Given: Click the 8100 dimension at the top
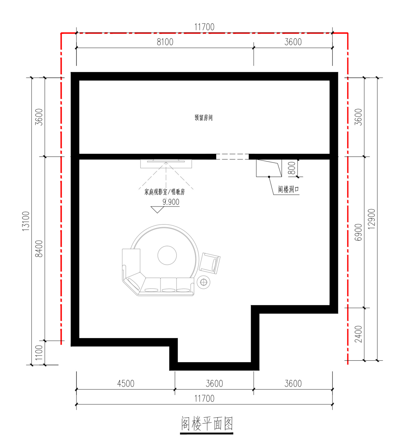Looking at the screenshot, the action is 165,42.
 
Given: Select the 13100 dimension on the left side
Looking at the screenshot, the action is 26,221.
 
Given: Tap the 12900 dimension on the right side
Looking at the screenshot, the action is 371,219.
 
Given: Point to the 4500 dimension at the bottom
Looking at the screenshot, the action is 126,384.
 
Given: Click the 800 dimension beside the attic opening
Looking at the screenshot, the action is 292,168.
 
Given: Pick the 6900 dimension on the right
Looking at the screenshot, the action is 358,232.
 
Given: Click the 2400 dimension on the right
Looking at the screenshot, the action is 358,334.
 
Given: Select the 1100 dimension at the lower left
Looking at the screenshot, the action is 39,353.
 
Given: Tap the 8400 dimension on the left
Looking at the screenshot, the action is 39,249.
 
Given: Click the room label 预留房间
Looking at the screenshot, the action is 204,118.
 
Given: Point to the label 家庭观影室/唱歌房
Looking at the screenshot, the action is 165,192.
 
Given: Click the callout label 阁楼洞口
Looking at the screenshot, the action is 288,189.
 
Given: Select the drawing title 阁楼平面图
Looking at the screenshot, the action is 207,424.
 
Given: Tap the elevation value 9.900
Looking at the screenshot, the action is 171,202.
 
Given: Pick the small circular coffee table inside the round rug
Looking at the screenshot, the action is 167,255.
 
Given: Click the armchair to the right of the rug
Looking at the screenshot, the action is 210,263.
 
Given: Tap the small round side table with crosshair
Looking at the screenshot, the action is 204,282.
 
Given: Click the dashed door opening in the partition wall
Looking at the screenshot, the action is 232,157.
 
